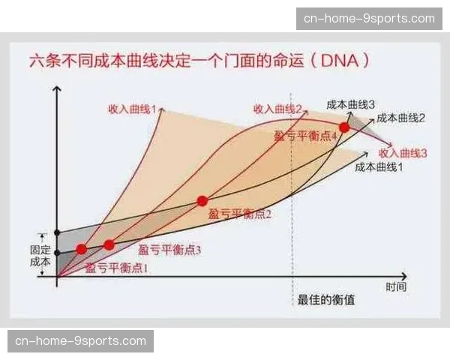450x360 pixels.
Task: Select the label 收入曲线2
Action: pos(277,109)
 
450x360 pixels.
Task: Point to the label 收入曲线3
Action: pos(403,152)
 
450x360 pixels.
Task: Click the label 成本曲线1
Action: pos(379,167)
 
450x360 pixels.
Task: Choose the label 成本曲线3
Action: pos(350,103)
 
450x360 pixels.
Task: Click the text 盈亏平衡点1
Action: pos(116,266)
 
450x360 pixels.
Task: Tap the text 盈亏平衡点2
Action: pos(240,214)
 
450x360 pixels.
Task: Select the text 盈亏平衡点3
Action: pos(170,249)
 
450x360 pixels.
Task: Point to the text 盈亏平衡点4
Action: pos(295,135)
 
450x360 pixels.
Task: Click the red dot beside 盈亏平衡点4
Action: pos(344,127)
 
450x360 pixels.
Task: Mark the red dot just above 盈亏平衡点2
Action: pos(202,200)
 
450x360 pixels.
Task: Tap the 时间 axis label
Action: pos(397,287)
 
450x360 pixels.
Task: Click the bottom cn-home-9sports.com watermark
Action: pos(80,341)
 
